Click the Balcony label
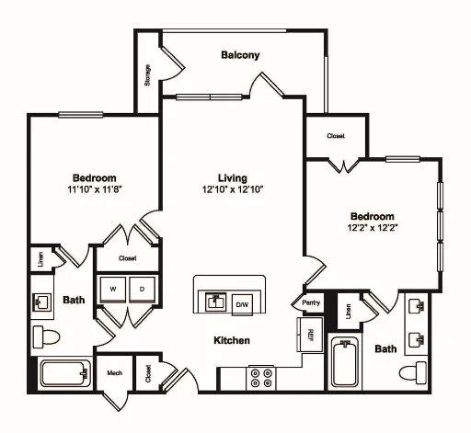click(x=240, y=55)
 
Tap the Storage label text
click(x=147, y=74)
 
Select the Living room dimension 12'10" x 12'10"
click(x=233, y=189)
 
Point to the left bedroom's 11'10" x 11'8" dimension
click(x=95, y=189)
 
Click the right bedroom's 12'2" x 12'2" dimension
click(x=373, y=228)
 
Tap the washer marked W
click(x=113, y=290)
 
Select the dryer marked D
click(x=142, y=290)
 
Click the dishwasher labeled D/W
click(x=242, y=305)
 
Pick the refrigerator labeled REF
click(x=310, y=335)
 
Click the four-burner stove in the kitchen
click(x=260, y=378)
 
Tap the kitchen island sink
click(x=216, y=302)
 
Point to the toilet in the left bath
click(x=46, y=337)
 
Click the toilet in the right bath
click(x=413, y=372)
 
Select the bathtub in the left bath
click(x=65, y=374)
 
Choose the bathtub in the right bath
click(x=345, y=364)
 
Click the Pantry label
click(x=311, y=302)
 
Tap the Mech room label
click(x=115, y=373)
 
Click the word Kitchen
click(x=232, y=340)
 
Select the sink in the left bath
click(x=42, y=302)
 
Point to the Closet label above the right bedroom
click(x=336, y=136)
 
